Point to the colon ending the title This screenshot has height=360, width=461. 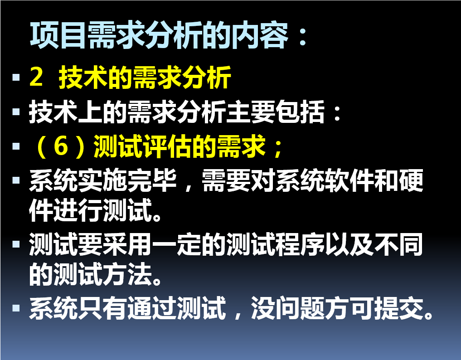pyautogui.click(x=302, y=37)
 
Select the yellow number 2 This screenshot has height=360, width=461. pyautogui.click(x=36, y=77)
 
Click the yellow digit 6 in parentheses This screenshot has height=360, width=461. pyautogui.click(x=61, y=146)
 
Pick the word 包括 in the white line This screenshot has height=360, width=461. pyautogui.click(x=300, y=112)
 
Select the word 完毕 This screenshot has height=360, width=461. pyautogui.click(x=152, y=180)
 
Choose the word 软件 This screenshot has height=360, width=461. pyautogui.click(x=349, y=180)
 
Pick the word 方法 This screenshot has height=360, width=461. pyautogui.click(x=127, y=274)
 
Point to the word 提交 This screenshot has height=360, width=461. pyautogui.click(x=398, y=308)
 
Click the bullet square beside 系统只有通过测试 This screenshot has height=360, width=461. pyautogui.click(x=16, y=308)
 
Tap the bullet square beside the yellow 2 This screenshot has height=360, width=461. pyautogui.click(x=16, y=77)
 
